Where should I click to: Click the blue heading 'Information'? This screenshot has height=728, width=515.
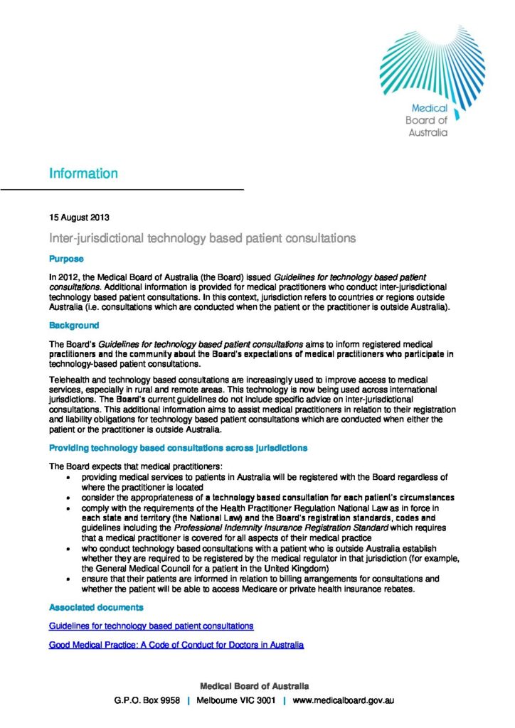coord(83,173)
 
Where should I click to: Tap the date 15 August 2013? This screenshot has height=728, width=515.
coord(78,217)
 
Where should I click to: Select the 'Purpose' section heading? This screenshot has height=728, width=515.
coord(66,259)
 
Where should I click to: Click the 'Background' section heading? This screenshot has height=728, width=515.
coord(73,326)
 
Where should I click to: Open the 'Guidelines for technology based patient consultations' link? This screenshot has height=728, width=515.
coord(151,626)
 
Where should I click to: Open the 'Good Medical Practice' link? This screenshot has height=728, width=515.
coord(176,645)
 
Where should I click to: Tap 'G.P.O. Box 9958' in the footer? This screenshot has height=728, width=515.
coord(147,701)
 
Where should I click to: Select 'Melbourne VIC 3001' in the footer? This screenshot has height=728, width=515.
coord(235,701)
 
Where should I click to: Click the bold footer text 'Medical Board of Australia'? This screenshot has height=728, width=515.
coord(254,686)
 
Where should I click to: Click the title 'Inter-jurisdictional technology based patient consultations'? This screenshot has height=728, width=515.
coord(201,237)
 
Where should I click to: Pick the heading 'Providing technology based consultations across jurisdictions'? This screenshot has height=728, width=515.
coord(178,449)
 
